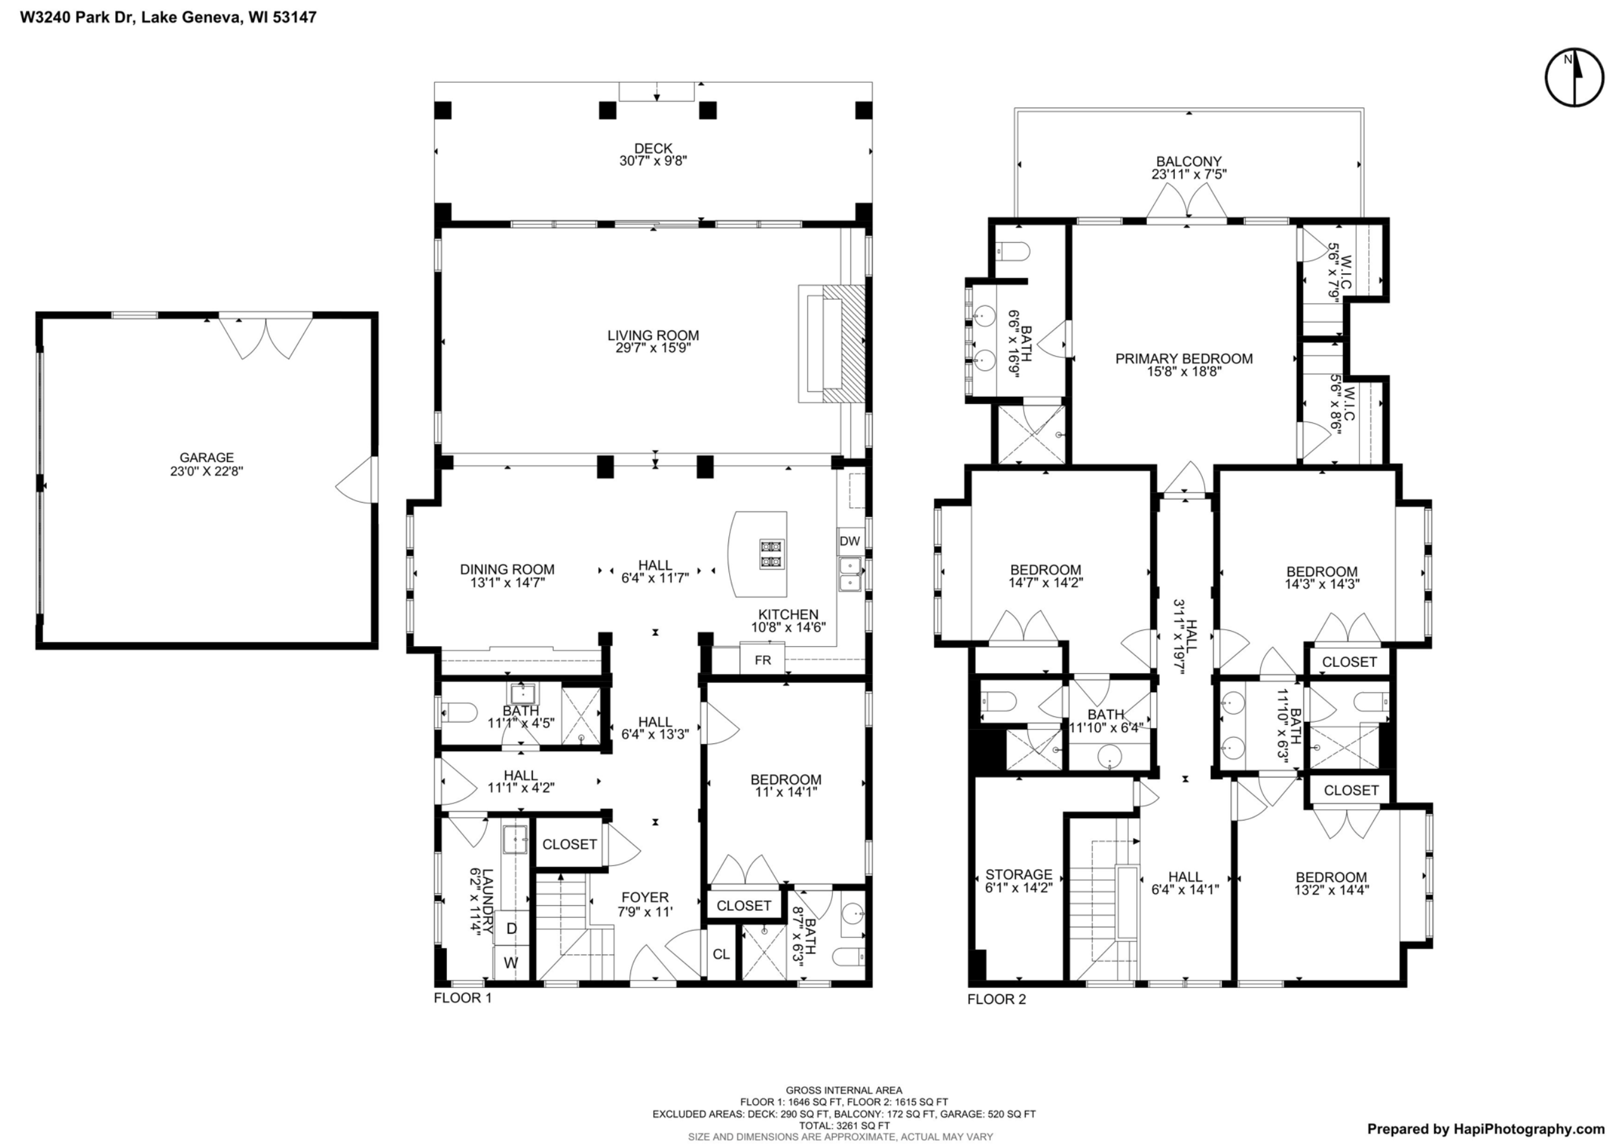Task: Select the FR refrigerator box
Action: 763,660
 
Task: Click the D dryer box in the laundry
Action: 512,928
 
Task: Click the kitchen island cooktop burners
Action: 771,554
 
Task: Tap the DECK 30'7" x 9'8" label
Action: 653,154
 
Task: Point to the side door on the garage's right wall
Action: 359,480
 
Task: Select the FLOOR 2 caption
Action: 996,999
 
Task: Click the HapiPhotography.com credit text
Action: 1486,1129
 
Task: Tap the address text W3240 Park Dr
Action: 168,18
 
